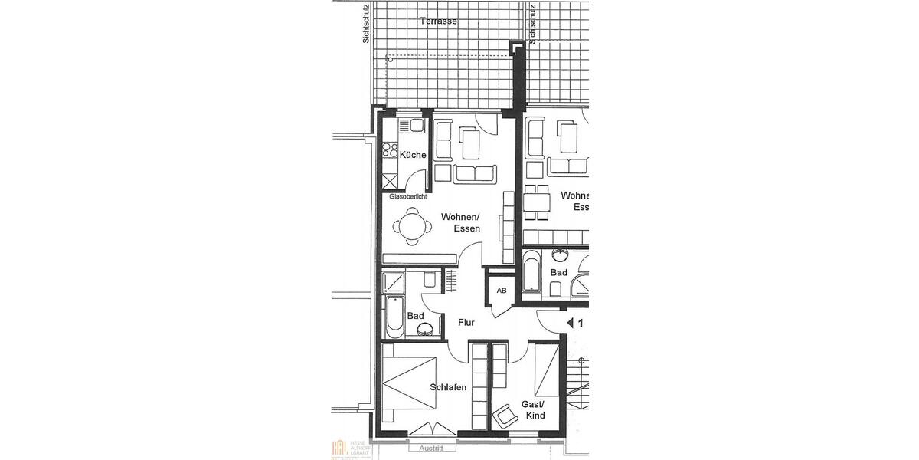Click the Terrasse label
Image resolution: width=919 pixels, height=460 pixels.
pyautogui.click(x=439, y=21)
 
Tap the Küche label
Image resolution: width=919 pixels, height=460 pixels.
pyautogui.click(x=412, y=155)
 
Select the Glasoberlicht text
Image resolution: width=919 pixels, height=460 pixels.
pyautogui.click(x=408, y=197)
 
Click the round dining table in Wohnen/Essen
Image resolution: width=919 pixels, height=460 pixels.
pyautogui.click(x=412, y=228)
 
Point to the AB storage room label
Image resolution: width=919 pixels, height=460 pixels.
pyautogui.click(x=502, y=291)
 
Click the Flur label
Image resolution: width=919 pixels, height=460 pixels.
pyautogui.click(x=466, y=323)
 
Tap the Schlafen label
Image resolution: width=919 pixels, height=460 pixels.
pyautogui.click(x=448, y=388)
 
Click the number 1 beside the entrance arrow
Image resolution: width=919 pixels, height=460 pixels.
pyautogui.click(x=581, y=324)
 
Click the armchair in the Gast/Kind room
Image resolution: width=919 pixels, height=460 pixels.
pyautogui.click(x=506, y=416)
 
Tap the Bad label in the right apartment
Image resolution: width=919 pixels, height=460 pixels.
pyautogui.click(x=558, y=273)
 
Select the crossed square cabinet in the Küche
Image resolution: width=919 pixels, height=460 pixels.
pyautogui.click(x=391, y=182)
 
